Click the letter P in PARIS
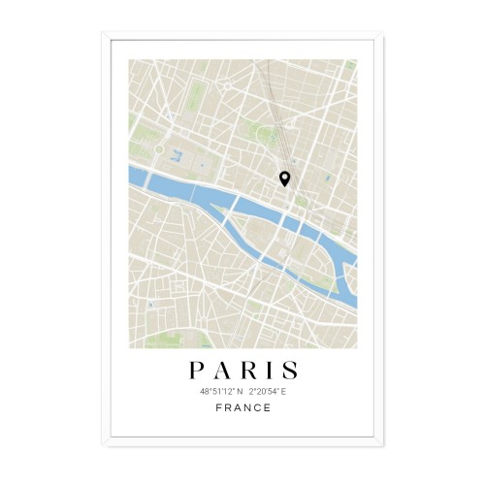click(196, 370)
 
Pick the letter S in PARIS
click(288, 370)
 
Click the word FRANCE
click(242, 407)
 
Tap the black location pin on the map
click(284, 178)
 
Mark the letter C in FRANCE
click(257, 407)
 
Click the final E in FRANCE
click(268, 407)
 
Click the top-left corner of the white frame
click(102, 34)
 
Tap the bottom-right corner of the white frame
click(383, 447)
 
